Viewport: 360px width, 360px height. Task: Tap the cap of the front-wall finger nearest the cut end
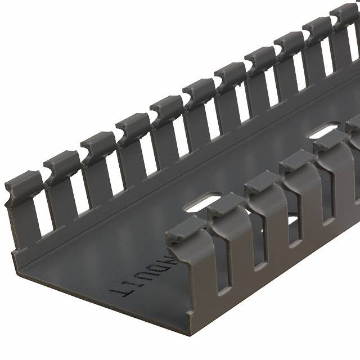pyautogui.click(x=186, y=228)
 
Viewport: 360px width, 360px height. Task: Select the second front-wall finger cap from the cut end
pyautogui.click(x=225, y=205)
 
